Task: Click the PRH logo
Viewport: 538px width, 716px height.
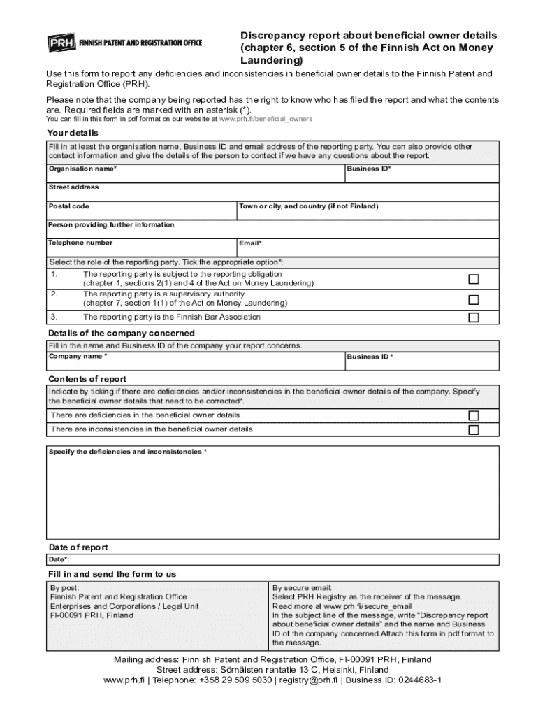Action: (x=61, y=43)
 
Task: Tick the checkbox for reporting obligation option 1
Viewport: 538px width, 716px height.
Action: (x=473, y=279)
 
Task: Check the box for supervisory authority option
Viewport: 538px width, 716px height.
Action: (x=473, y=299)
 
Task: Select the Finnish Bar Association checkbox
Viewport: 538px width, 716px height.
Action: (x=473, y=317)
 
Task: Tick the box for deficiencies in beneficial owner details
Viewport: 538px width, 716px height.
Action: (x=473, y=415)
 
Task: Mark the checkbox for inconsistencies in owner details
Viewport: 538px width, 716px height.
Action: (x=473, y=429)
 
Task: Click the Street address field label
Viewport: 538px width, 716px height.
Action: (x=73, y=187)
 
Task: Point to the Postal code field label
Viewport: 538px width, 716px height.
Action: (x=68, y=206)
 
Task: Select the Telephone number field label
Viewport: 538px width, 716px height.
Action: (x=80, y=243)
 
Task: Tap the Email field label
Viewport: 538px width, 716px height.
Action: (x=250, y=243)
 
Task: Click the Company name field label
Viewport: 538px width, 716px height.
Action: (x=78, y=357)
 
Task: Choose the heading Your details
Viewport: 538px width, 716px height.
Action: (x=73, y=133)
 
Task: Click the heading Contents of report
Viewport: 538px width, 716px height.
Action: (x=87, y=379)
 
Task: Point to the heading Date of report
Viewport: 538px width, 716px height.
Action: (x=78, y=547)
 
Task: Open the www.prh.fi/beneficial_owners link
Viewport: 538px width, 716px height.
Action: (x=266, y=120)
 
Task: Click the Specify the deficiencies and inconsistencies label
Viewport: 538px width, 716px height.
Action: (x=127, y=452)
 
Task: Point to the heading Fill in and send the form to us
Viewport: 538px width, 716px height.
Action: (x=112, y=574)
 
